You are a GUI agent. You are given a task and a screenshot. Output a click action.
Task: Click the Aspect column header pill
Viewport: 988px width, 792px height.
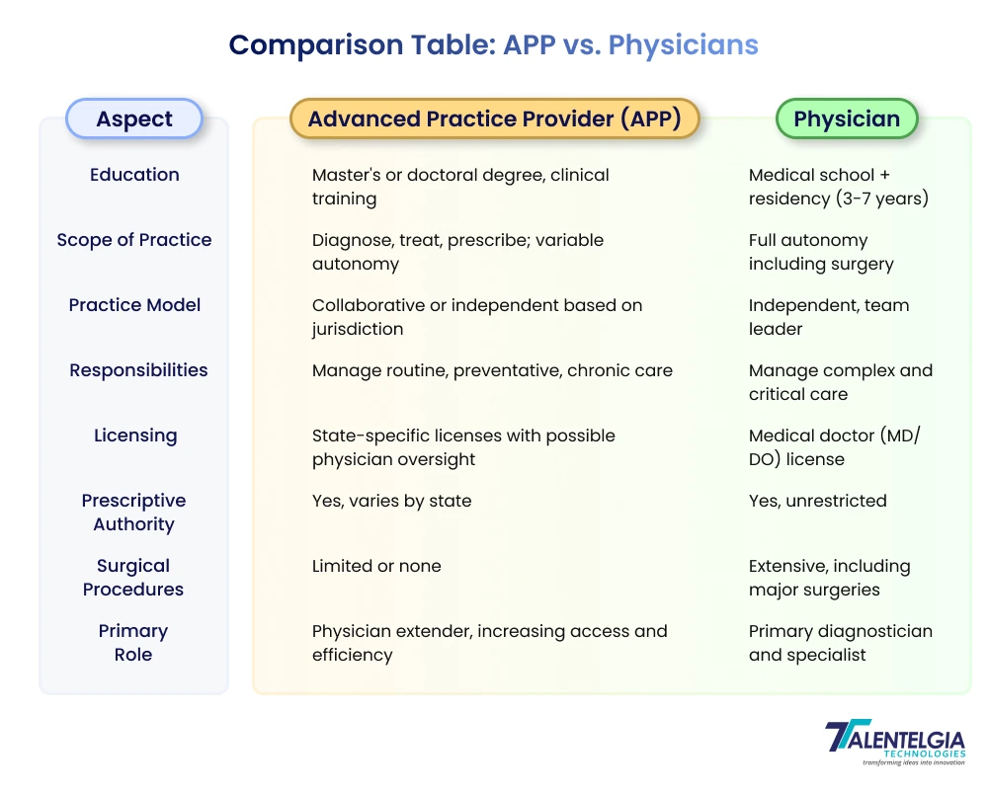[x=134, y=119]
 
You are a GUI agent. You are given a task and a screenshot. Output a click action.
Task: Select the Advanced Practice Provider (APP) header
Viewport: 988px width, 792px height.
[x=494, y=119]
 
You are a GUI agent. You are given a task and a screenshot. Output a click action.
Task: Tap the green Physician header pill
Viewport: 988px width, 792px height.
[x=847, y=119]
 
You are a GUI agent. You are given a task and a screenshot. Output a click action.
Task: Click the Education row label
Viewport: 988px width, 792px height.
[x=134, y=175]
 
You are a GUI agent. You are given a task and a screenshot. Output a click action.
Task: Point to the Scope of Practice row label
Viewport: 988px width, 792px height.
[x=134, y=240]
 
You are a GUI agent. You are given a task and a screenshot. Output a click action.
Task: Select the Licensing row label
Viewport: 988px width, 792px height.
[x=135, y=436]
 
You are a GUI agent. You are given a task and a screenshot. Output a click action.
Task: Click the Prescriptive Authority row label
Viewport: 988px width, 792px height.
[x=134, y=513]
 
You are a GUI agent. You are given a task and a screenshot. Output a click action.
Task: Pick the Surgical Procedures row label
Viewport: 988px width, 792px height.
[x=133, y=578]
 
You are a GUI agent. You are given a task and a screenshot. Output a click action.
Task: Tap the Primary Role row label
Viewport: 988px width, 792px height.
[x=133, y=643]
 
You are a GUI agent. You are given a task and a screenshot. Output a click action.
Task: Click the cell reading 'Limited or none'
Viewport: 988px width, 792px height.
[x=376, y=566]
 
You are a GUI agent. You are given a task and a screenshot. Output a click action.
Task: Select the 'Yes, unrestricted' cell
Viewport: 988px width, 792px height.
[x=817, y=501]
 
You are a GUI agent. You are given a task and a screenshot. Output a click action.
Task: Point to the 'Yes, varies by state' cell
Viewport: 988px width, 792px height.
[x=391, y=501]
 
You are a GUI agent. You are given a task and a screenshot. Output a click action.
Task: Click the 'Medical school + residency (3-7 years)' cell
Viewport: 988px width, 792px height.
[x=838, y=187]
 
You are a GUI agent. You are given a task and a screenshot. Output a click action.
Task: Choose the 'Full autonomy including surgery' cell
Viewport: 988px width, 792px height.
[x=820, y=252]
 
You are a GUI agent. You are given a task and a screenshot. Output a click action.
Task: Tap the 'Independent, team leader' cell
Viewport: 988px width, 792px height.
[x=828, y=317]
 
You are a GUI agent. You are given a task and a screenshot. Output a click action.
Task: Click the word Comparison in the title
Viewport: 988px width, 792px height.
[x=316, y=44]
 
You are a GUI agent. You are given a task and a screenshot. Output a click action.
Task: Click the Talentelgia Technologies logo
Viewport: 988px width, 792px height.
[x=894, y=742]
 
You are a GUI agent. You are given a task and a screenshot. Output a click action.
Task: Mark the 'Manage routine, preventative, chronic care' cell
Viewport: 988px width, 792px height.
[x=492, y=370]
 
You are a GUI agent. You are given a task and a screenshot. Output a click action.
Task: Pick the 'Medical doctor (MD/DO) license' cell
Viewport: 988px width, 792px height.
[x=834, y=447]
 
